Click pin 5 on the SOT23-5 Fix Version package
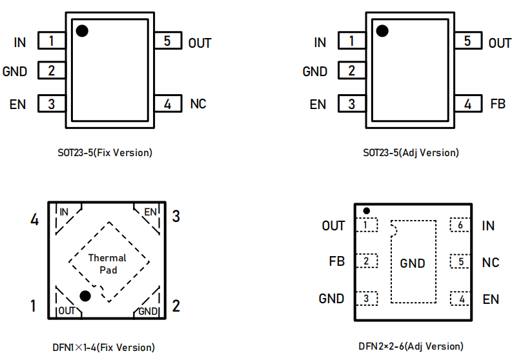tap(167, 41)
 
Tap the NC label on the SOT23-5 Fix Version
tap(198, 103)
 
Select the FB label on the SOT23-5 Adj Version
tap(498, 103)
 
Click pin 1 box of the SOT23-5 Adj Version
tap(351, 41)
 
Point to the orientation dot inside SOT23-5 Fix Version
tap(82, 30)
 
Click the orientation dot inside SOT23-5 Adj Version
tap(382, 30)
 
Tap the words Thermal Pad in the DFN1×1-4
tap(107, 264)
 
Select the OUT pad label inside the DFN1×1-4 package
tap(67, 311)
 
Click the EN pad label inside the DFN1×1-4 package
tap(150, 212)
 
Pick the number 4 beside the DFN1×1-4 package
tap(34, 220)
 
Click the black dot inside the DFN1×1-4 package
tap(85, 295)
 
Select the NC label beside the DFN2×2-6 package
tap(491, 263)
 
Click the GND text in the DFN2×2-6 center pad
tap(413, 263)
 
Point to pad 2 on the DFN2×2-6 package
tap(366, 261)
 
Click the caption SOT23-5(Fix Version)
tap(105, 153)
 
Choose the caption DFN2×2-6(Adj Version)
tap(411, 346)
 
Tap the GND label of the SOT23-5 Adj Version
tap(315, 72)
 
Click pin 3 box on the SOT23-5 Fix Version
tap(52, 103)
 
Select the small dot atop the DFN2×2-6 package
tap(366, 210)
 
